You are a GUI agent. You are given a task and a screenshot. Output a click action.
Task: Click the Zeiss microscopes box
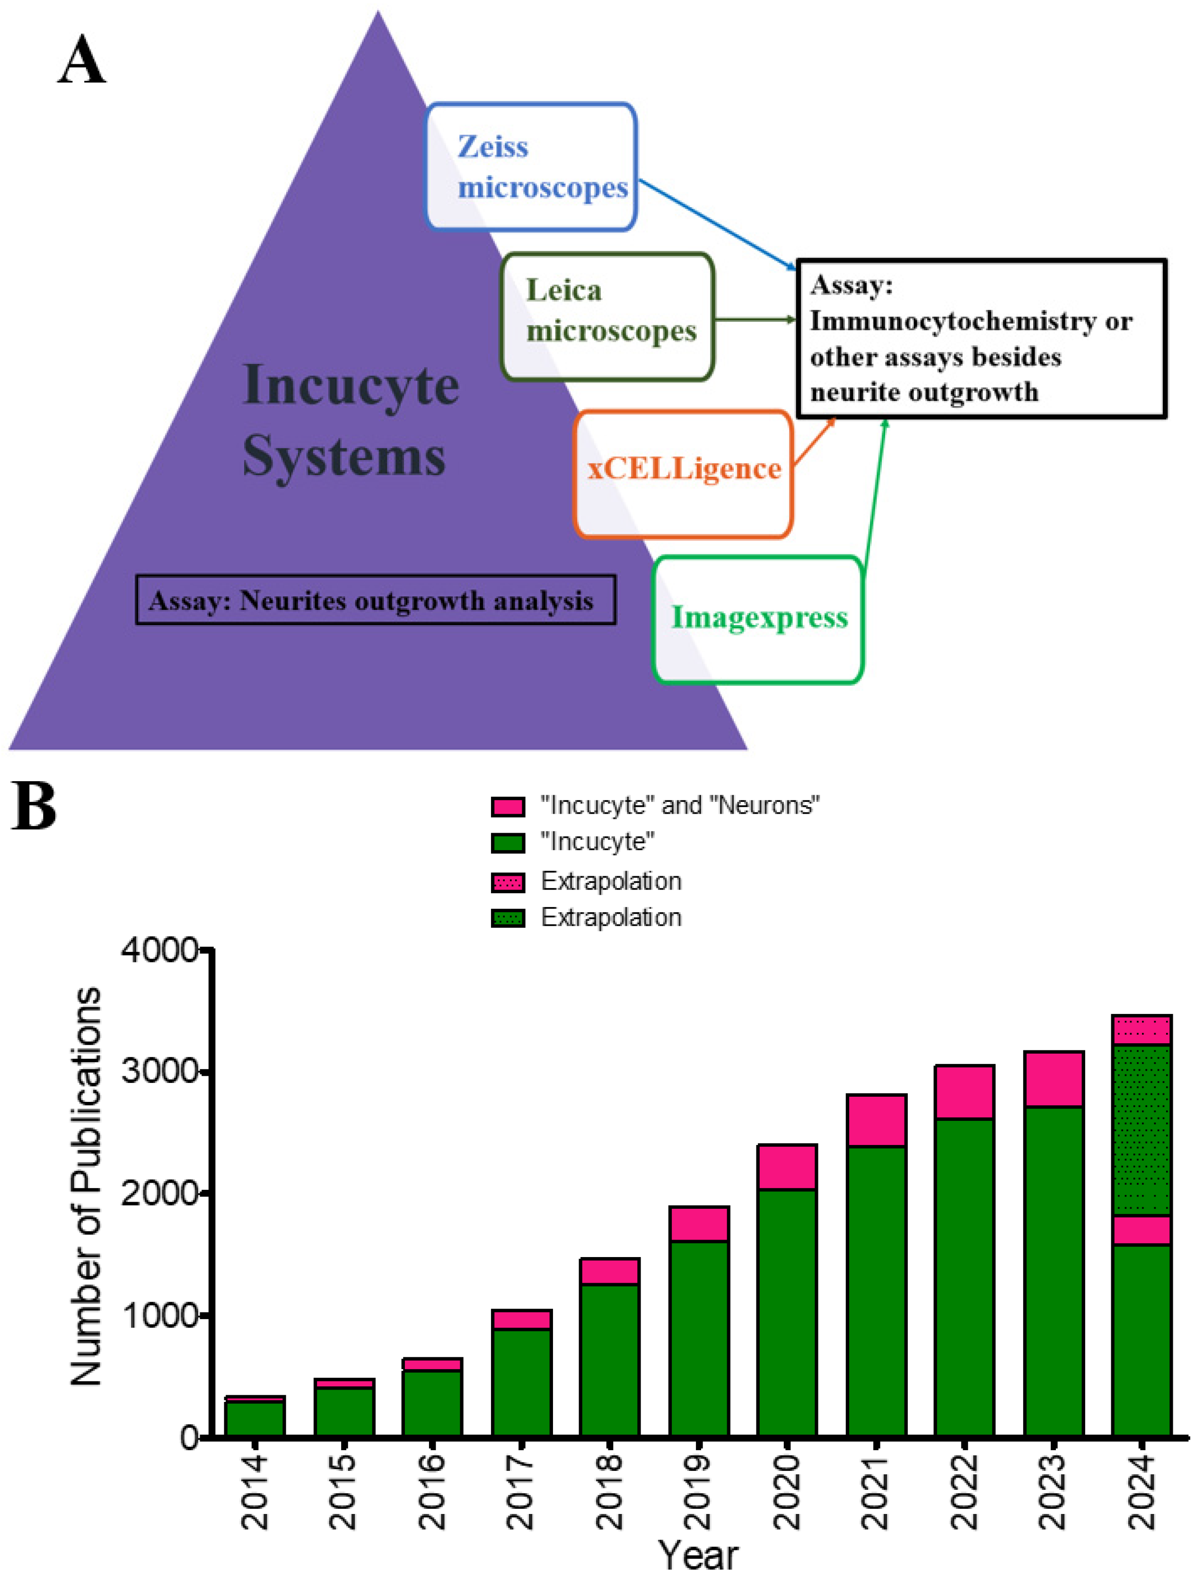click(531, 167)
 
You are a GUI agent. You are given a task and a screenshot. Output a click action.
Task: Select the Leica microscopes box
click(607, 316)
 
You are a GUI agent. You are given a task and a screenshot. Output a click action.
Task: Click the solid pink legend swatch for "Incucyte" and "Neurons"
click(508, 806)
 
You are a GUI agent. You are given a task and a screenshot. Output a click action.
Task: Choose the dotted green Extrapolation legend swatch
click(508, 918)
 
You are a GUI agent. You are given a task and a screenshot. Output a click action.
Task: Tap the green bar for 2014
click(255, 1418)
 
